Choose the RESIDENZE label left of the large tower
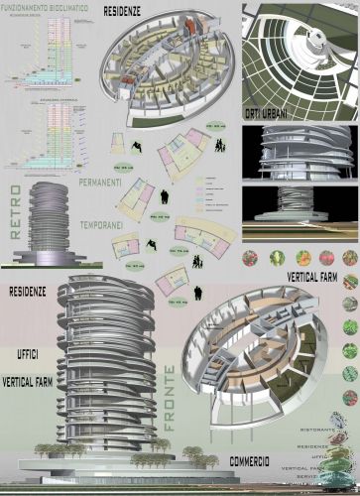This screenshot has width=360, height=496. coord(31,294)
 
